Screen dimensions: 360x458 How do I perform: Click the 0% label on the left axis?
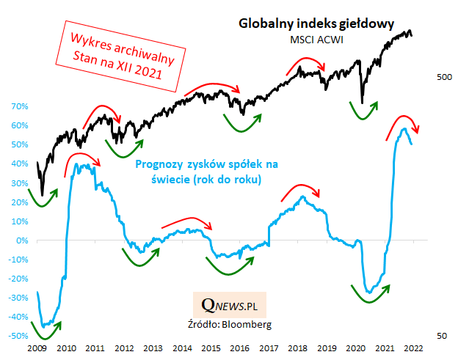tap(21, 240)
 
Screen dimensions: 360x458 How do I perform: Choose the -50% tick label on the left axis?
tap(17, 336)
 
